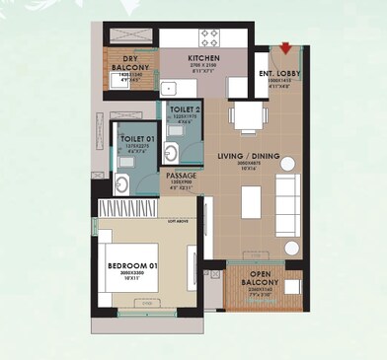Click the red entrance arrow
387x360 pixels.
[x=286, y=47]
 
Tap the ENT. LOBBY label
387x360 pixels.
[x=278, y=73]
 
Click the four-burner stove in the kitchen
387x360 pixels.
[x=210, y=37]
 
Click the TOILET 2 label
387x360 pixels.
[x=184, y=110]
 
